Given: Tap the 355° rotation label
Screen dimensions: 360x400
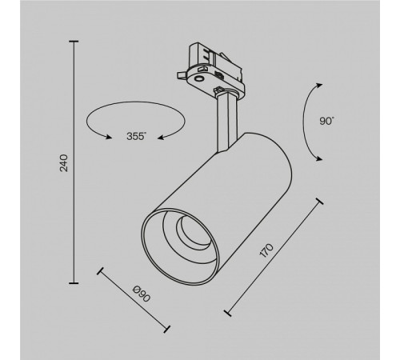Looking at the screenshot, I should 135,136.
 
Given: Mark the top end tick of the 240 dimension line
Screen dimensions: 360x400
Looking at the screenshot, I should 75,41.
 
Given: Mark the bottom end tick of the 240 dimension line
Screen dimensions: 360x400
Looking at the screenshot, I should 75,282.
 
